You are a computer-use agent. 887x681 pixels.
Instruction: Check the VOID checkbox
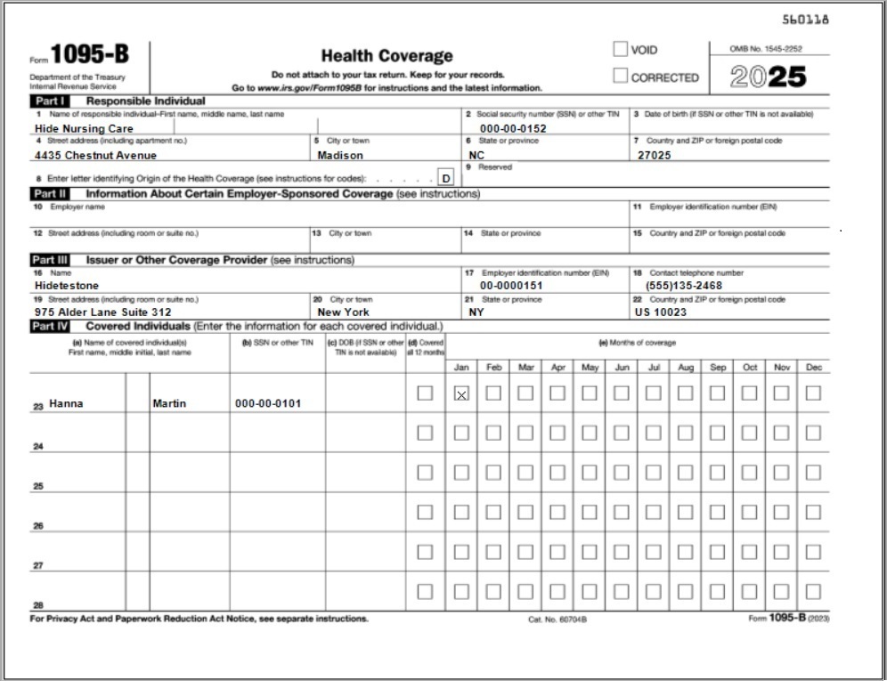point(620,50)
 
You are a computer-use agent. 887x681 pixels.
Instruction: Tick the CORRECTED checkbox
point(620,77)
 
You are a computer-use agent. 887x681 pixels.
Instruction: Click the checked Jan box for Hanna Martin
point(461,393)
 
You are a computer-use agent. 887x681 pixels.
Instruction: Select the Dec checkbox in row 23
point(813,393)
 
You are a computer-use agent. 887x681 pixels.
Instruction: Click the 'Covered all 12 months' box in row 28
point(426,591)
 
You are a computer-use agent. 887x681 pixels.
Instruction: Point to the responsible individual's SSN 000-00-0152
point(513,128)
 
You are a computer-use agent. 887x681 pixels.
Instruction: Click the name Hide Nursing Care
point(84,128)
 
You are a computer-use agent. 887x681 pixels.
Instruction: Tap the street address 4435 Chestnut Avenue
point(95,155)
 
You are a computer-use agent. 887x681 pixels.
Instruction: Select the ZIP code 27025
point(655,155)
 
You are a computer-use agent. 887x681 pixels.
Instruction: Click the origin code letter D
point(446,178)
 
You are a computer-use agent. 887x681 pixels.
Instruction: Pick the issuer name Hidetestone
point(67,286)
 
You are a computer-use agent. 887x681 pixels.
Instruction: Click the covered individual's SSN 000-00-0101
point(268,403)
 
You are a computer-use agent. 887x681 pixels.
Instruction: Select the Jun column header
point(622,367)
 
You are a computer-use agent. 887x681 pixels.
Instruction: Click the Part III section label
point(50,260)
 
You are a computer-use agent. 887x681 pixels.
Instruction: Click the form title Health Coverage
point(387,56)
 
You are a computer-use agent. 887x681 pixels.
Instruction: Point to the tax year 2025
point(768,77)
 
